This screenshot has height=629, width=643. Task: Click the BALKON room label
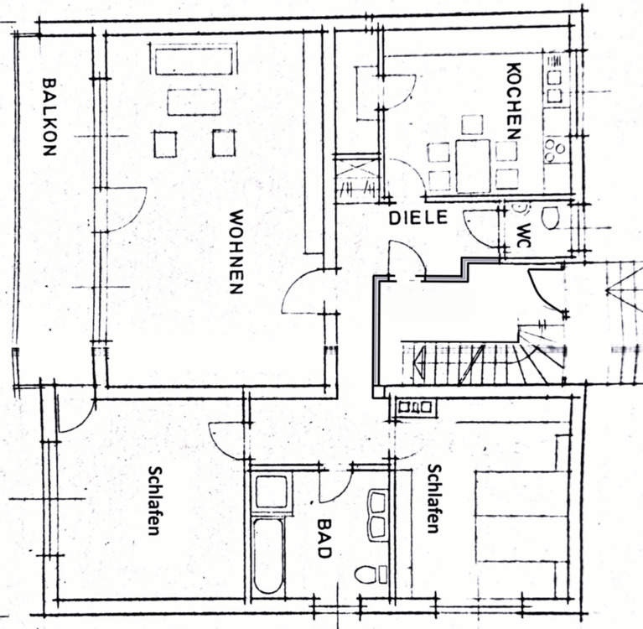[x=49, y=117]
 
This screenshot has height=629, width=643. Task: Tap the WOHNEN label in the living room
[x=236, y=252]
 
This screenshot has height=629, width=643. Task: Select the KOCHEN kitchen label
[x=515, y=101]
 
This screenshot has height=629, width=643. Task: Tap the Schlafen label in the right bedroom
[x=433, y=499]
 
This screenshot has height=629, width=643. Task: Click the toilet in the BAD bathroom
[x=368, y=574]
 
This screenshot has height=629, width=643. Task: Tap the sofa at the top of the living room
[x=193, y=61]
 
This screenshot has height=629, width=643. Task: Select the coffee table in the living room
[x=194, y=101]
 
